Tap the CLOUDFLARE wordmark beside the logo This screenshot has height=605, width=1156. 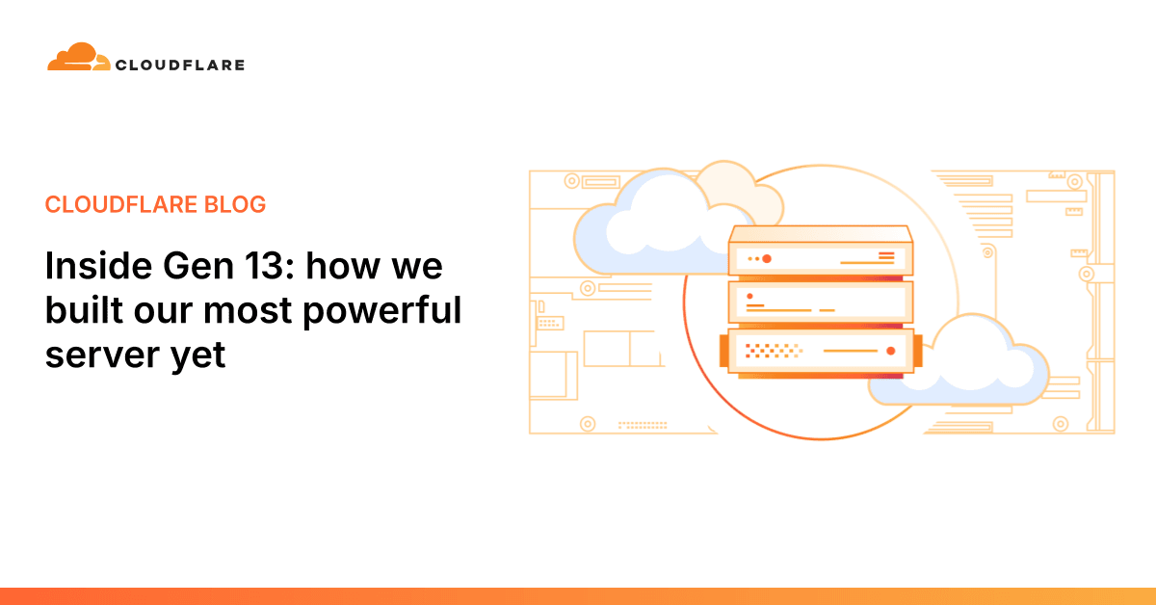click(x=179, y=66)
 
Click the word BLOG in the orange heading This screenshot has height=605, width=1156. click(x=237, y=204)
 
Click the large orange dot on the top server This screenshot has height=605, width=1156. click(x=767, y=258)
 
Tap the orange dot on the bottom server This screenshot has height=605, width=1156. click(x=891, y=352)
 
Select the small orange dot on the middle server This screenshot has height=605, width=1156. click(x=749, y=297)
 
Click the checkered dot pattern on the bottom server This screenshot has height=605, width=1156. click(x=762, y=351)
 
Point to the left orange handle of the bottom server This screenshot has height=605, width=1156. click(x=723, y=351)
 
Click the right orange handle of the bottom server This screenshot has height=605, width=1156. click(x=917, y=351)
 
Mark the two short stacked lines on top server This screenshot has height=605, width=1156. click(x=886, y=256)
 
